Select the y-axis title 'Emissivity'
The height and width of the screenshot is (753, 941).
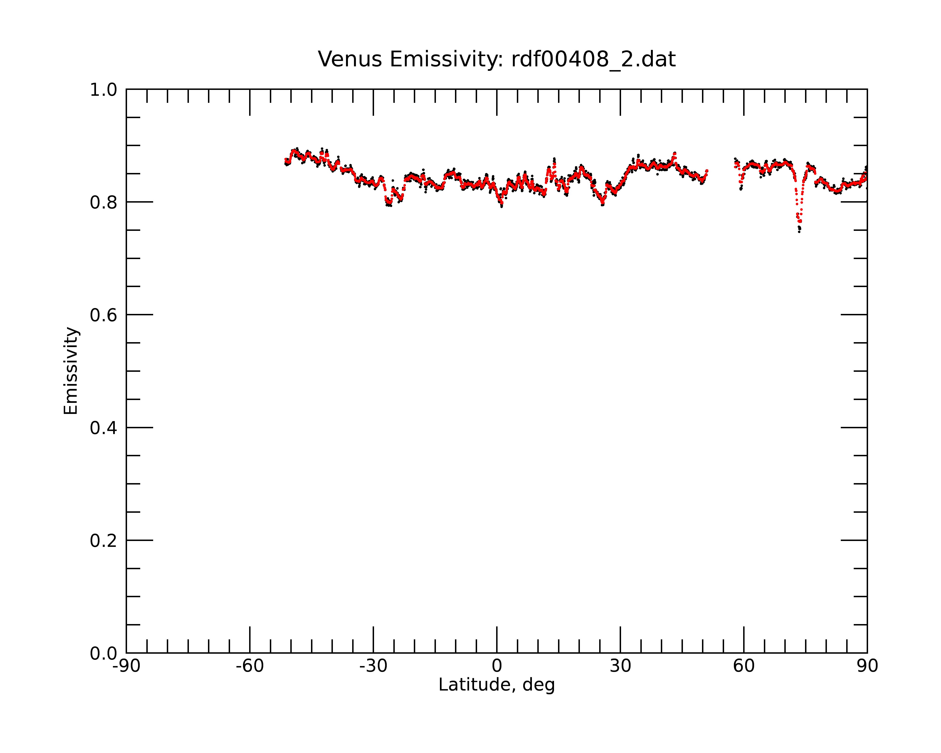(71, 371)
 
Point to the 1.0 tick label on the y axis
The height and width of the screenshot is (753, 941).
(104, 90)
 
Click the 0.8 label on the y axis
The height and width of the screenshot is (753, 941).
(104, 203)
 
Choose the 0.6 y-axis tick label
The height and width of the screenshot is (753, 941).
(104, 315)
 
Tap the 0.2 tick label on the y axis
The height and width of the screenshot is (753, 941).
(104, 541)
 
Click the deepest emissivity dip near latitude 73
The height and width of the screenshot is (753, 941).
(799, 230)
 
